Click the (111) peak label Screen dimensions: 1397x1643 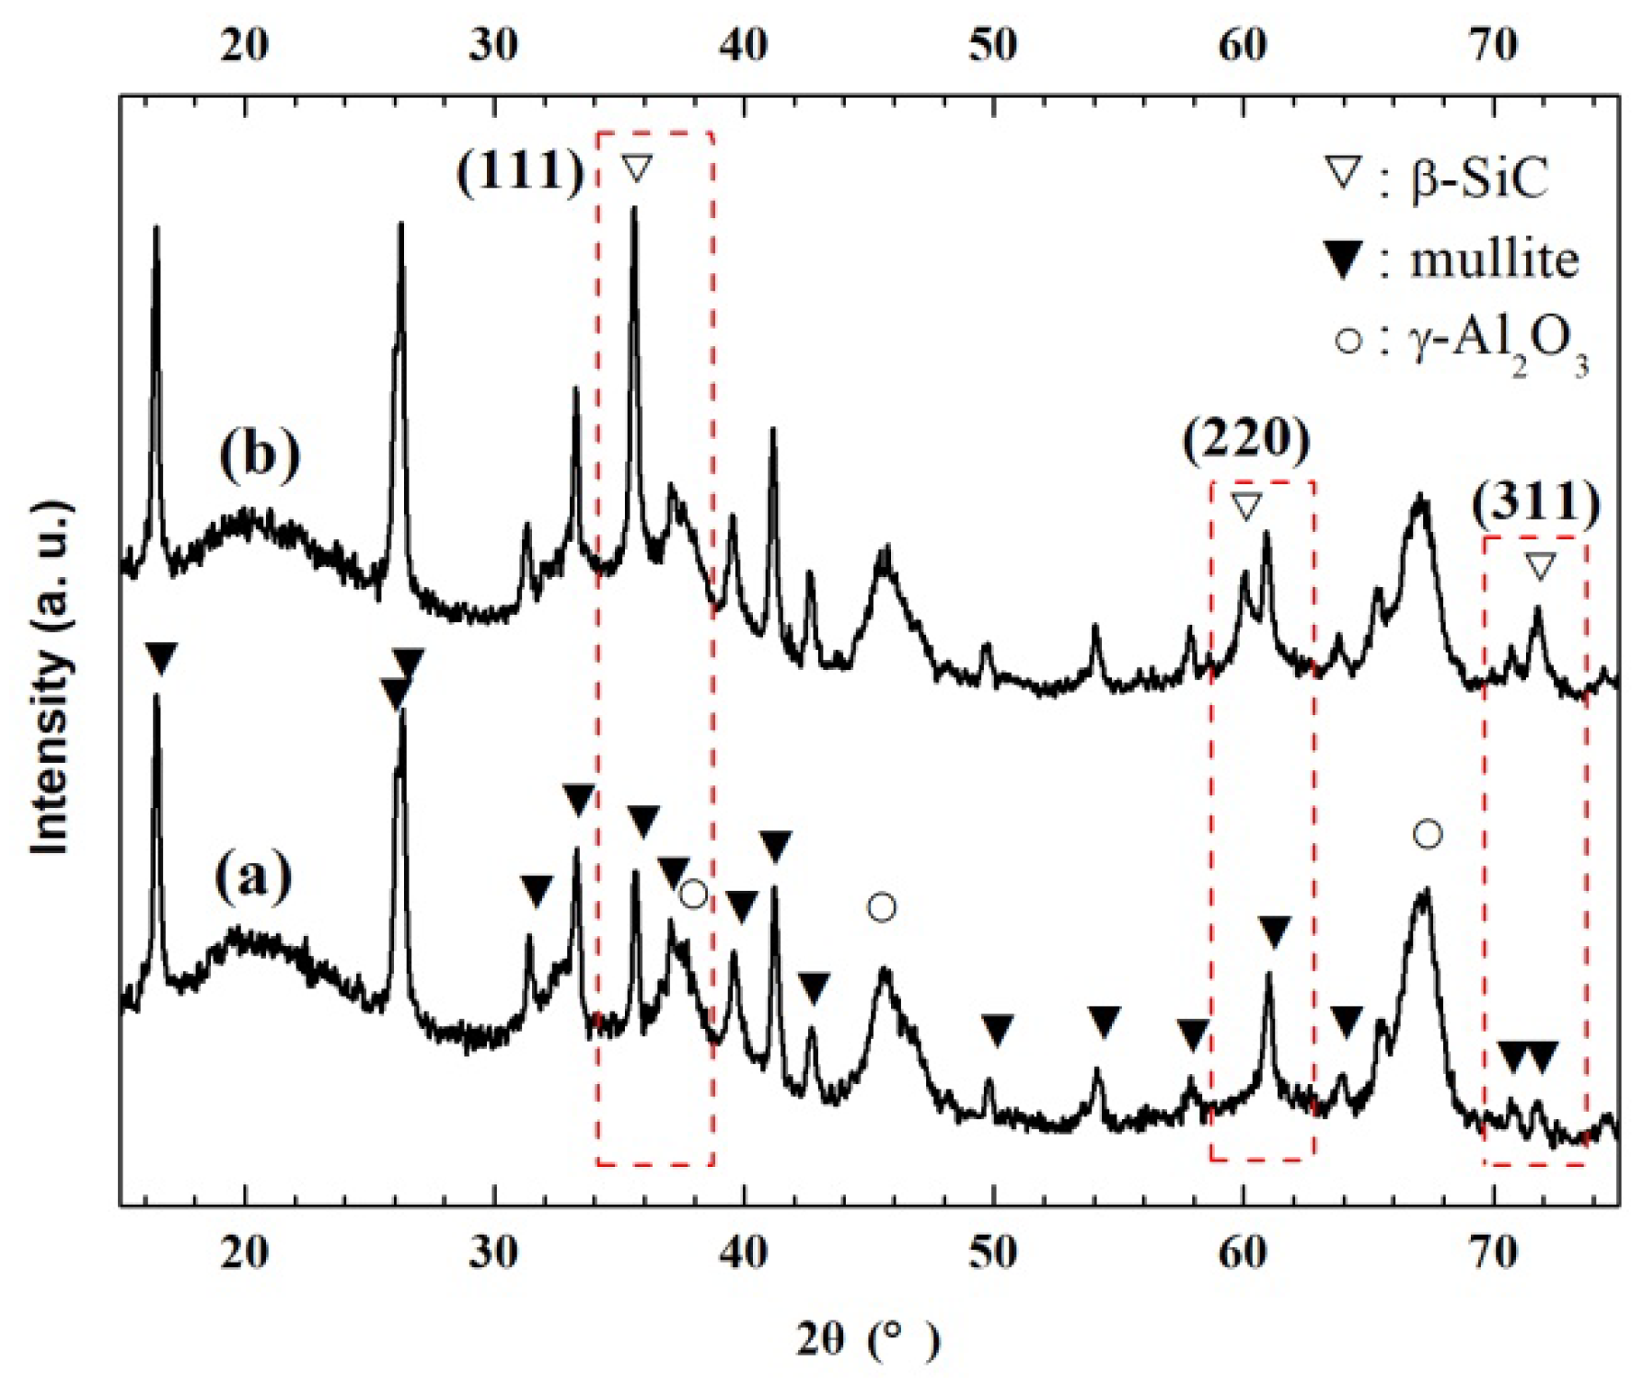pyautogui.click(x=521, y=171)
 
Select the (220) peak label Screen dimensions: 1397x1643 pyautogui.click(x=1246, y=440)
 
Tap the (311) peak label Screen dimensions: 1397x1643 pyautogui.click(x=1535, y=502)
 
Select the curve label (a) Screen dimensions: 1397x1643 pyautogui.click(x=254, y=874)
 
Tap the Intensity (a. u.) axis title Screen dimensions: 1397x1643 pyautogui.click(x=52, y=678)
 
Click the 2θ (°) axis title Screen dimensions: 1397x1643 pyautogui.click(x=868, y=1340)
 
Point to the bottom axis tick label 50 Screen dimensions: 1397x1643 pyautogui.click(x=993, y=1253)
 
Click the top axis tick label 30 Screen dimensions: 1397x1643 pyautogui.click(x=493, y=43)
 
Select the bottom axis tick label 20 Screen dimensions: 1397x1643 pyautogui.click(x=244, y=1253)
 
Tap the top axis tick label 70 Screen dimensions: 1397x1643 pyautogui.click(x=1493, y=43)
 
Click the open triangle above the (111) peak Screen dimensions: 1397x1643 pyautogui.click(x=636, y=168)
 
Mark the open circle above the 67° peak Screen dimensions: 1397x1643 pyautogui.click(x=1427, y=835)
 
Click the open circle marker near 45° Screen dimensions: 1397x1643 pyautogui.click(x=881, y=908)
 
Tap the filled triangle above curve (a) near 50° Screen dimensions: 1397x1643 pyautogui.click(x=997, y=1029)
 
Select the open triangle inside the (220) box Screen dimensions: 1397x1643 pyautogui.click(x=1245, y=506)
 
